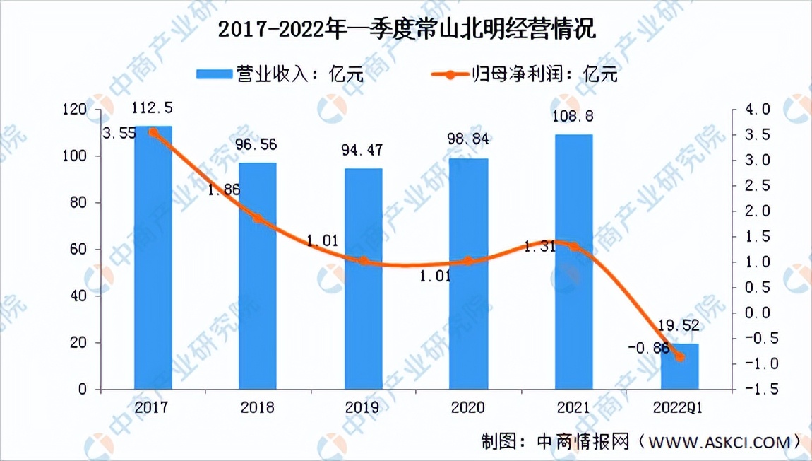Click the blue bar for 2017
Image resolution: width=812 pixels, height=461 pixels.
[153, 257]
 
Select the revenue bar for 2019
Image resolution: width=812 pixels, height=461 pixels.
[364, 279]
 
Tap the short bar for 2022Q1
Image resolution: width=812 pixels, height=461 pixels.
[679, 366]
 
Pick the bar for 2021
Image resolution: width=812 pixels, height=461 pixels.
[574, 262]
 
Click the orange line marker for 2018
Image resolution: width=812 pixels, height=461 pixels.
[258, 218]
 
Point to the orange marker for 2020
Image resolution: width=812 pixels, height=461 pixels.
[469, 261]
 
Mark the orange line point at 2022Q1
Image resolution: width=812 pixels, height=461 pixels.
[680, 357]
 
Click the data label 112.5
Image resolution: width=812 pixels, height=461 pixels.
[153, 109]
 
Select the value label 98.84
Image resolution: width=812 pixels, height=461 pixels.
[469, 141]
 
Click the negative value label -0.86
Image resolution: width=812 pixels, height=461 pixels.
[647, 346]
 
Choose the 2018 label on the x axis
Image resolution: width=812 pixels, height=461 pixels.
[258, 408]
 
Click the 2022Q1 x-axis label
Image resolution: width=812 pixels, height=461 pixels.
[679, 408]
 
